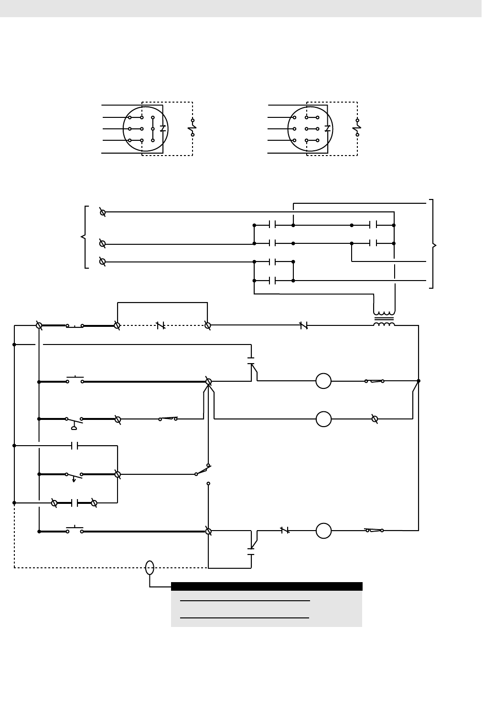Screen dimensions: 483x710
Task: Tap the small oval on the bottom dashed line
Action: click(x=150, y=567)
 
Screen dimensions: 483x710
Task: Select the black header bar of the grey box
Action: click(x=267, y=586)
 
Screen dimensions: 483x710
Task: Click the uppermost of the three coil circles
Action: click(x=323, y=381)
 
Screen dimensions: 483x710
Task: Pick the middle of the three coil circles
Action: click(x=323, y=419)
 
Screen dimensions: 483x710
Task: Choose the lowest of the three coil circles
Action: click(x=323, y=531)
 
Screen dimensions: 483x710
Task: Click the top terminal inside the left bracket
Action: click(x=102, y=212)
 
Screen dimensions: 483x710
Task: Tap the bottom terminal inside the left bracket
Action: click(x=102, y=261)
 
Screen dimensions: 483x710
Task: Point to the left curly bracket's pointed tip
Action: click(x=82, y=237)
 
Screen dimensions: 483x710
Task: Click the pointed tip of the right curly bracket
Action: click(x=436, y=246)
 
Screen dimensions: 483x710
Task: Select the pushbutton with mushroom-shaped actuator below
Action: click(x=74, y=420)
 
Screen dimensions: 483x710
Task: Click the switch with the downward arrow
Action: click(x=74, y=476)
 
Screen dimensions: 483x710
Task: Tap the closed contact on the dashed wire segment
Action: click(x=161, y=325)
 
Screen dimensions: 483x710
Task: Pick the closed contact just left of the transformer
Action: click(x=303, y=325)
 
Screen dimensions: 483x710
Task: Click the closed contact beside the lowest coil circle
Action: click(x=285, y=530)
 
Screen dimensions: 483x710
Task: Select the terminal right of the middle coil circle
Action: click(x=375, y=419)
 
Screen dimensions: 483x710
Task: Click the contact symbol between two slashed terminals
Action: click(x=74, y=503)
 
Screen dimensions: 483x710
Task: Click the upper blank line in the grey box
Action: click(x=245, y=600)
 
